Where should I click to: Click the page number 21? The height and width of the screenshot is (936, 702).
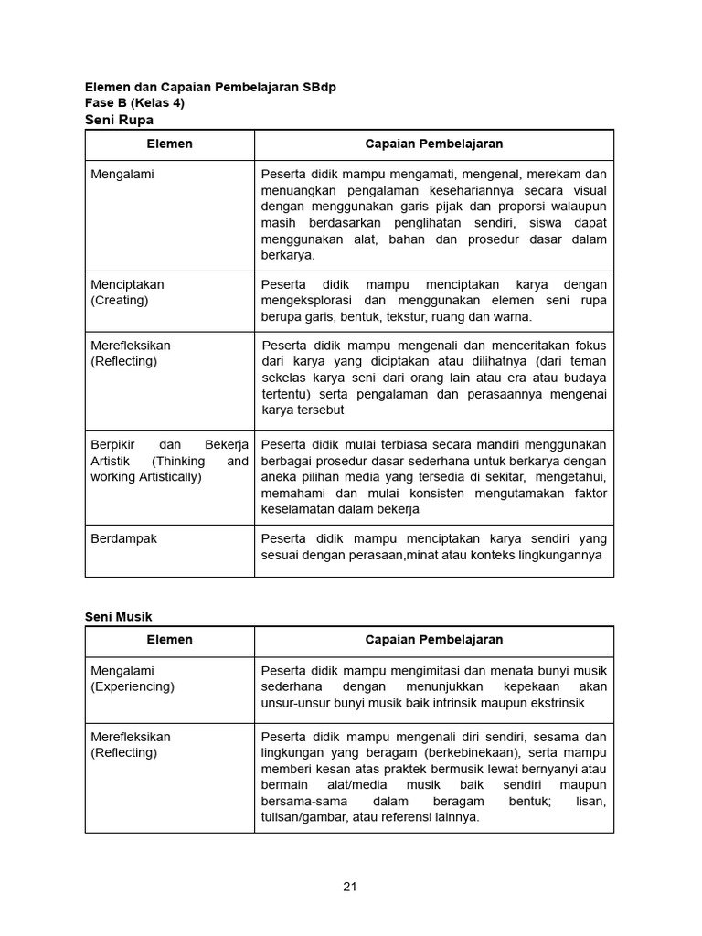[x=350, y=886]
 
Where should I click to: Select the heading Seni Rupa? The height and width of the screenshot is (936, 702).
[x=119, y=120]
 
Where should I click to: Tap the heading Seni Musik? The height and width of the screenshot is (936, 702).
[x=119, y=617]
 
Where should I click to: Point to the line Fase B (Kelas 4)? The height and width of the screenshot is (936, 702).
[x=134, y=103]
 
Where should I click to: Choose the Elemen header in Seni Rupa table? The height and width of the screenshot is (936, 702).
[x=169, y=144]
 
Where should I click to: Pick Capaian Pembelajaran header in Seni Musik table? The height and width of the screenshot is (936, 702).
[x=433, y=640]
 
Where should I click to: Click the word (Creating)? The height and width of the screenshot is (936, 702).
[x=119, y=300]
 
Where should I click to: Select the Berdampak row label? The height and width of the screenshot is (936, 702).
[x=123, y=538]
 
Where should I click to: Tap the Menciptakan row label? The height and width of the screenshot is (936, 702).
[x=127, y=284]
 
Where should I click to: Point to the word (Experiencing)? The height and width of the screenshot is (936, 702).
[x=132, y=686]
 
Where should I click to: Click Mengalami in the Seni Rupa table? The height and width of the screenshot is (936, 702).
[x=122, y=174]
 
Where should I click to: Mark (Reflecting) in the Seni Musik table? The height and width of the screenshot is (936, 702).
[x=123, y=752]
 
